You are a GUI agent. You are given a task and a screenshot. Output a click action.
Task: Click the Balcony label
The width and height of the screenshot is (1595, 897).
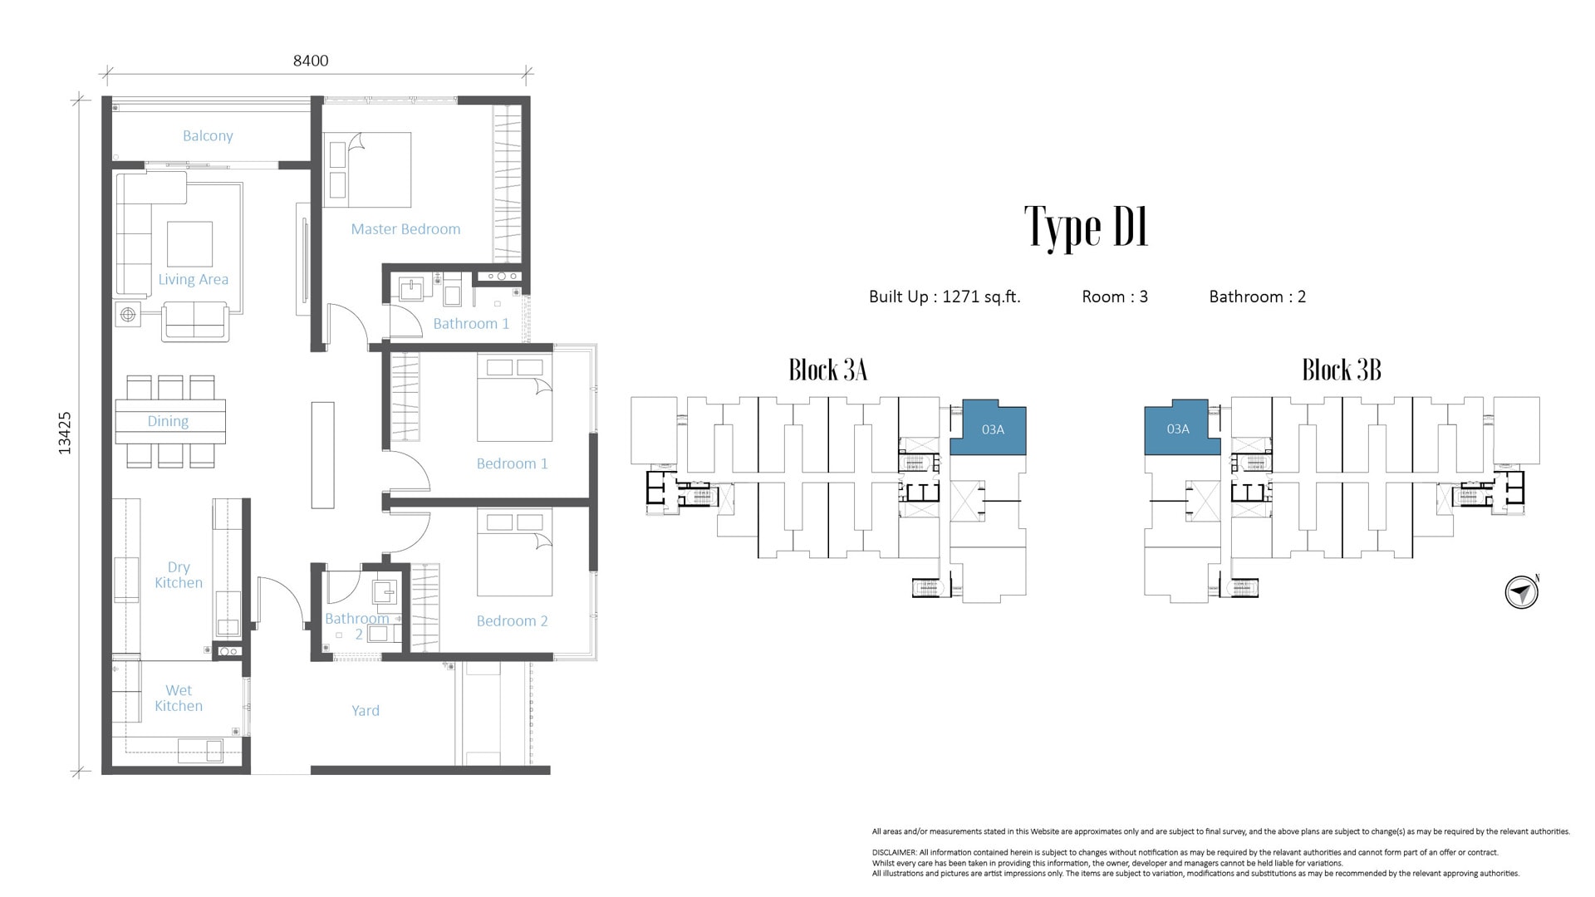[x=208, y=136]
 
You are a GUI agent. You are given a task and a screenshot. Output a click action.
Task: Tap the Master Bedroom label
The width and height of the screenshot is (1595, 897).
[x=405, y=229]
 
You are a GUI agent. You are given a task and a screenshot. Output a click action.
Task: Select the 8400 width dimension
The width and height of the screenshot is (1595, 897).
[x=311, y=61]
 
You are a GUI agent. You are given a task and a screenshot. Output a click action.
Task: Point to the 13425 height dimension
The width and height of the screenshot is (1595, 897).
[x=65, y=433]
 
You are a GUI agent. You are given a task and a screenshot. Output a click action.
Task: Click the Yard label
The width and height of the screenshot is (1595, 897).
[x=366, y=711]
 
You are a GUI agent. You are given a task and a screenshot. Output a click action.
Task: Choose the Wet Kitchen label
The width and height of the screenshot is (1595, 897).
[x=179, y=698]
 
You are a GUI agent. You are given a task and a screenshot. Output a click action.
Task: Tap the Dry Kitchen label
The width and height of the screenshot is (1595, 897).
[x=179, y=575]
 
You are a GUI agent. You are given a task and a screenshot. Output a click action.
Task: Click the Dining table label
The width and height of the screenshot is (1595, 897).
[x=168, y=422]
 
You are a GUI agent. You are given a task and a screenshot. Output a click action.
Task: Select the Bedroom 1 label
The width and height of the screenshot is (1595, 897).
[x=512, y=463]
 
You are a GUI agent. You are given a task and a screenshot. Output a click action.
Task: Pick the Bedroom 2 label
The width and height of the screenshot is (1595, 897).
[x=512, y=620]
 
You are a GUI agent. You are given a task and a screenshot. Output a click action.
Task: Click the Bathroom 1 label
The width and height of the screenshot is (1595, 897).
[x=471, y=324]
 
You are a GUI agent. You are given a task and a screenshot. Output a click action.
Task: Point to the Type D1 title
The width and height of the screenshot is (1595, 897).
[x=1087, y=228]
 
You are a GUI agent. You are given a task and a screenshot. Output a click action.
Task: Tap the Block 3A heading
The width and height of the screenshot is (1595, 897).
[x=828, y=370]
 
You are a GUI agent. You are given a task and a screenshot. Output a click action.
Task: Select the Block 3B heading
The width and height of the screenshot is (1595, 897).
[x=1342, y=370]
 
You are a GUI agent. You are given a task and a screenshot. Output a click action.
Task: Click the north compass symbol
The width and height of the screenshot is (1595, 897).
[x=1522, y=593]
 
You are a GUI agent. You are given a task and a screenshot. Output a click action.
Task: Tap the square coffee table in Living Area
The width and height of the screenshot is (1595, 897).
[x=189, y=243]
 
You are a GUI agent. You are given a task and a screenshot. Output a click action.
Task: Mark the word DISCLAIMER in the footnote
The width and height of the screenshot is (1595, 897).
[x=894, y=853]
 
